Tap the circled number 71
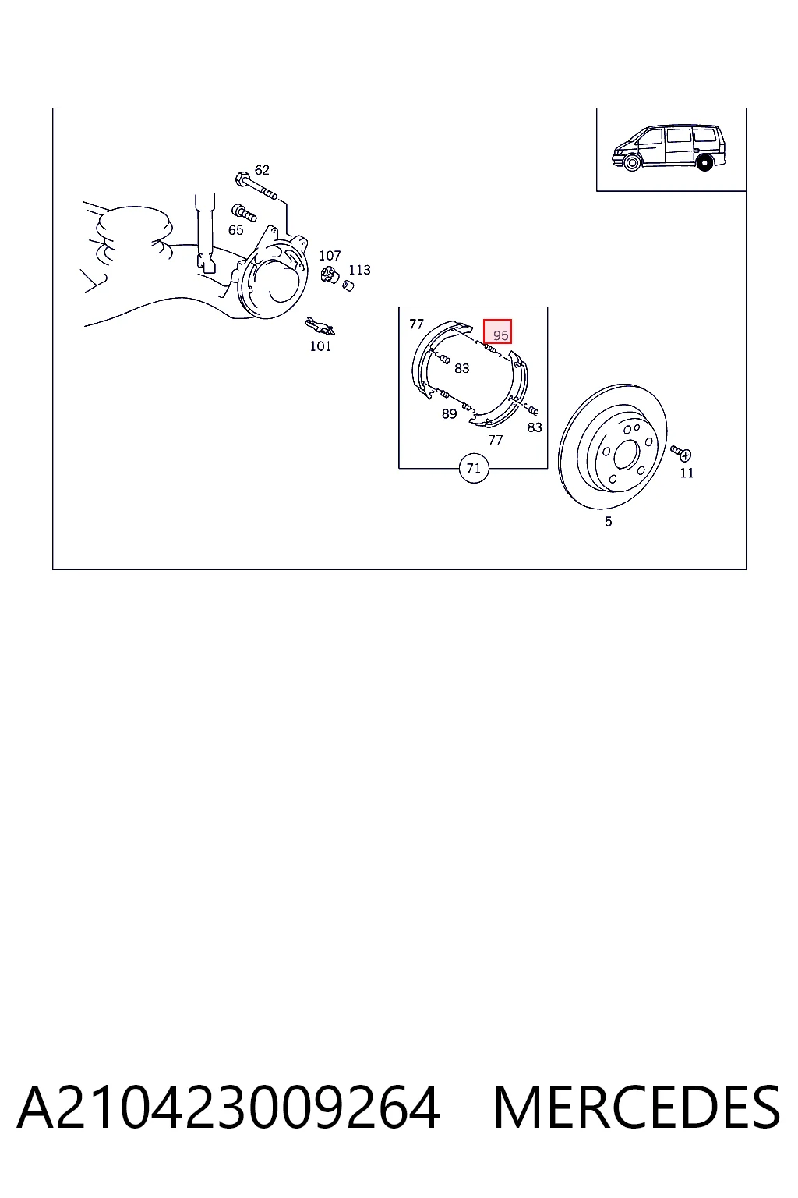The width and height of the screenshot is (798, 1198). (474, 469)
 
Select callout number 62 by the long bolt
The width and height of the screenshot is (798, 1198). (262, 170)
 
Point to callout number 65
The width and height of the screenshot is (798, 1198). (235, 230)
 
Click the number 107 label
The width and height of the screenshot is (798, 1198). (330, 256)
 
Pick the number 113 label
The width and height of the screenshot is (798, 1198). (360, 270)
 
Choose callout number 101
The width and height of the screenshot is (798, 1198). (321, 346)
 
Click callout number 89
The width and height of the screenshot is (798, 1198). (449, 414)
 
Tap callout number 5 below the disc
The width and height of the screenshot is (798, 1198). (609, 522)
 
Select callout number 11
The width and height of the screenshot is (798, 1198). (687, 473)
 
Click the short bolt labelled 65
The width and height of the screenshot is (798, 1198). (243, 212)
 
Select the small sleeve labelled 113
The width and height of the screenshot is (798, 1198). (348, 285)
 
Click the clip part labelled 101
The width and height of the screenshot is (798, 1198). (320, 325)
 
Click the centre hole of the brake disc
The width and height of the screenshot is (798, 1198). (623, 456)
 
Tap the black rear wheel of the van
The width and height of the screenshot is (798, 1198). (705, 162)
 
